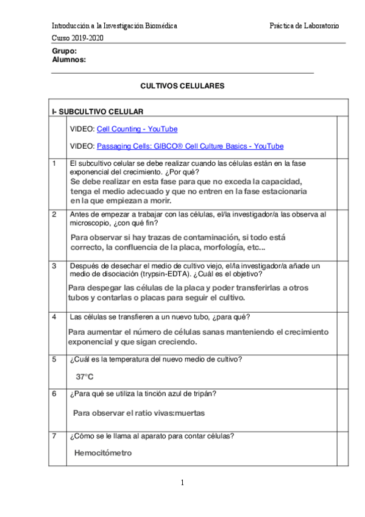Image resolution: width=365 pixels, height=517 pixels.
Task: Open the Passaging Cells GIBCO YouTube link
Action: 190,146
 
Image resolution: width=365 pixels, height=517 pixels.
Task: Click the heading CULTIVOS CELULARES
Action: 182,86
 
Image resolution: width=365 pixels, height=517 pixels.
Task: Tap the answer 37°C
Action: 85,377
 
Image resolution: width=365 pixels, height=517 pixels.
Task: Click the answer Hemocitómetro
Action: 102,453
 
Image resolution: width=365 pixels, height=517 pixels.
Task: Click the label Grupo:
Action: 65,51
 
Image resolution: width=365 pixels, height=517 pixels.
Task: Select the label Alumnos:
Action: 69,60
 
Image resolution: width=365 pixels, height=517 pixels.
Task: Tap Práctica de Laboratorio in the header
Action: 304,26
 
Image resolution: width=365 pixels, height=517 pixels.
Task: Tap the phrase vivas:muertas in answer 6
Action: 179,413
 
